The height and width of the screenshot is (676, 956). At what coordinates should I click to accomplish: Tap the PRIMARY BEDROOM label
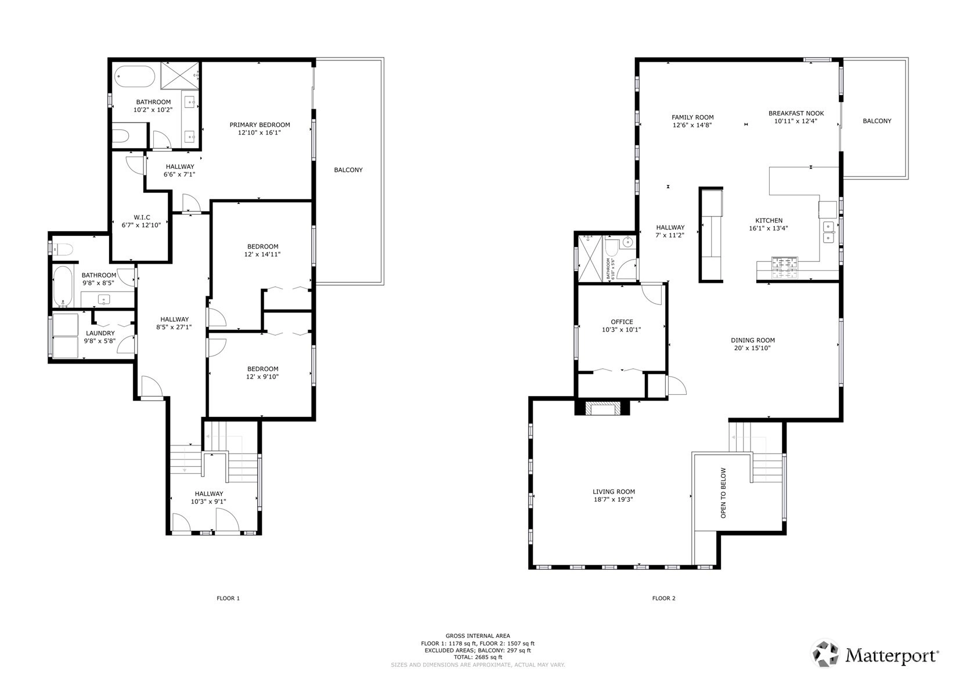click(259, 125)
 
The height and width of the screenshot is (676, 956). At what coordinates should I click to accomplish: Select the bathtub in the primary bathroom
click(135, 77)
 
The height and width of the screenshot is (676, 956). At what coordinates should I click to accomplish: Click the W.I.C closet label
click(142, 217)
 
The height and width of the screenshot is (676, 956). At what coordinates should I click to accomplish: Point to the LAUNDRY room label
click(100, 333)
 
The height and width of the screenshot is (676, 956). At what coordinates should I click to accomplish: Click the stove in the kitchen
click(784, 267)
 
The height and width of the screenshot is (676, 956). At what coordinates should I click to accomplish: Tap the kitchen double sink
click(828, 232)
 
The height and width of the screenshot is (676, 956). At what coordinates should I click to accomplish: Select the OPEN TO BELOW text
click(723, 493)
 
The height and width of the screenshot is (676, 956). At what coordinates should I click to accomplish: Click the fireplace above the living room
click(602, 408)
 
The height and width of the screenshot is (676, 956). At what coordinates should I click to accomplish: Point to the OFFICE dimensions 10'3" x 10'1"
click(622, 330)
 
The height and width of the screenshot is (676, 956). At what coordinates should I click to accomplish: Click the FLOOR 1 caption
click(228, 598)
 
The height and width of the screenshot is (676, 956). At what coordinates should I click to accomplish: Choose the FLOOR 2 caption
click(663, 598)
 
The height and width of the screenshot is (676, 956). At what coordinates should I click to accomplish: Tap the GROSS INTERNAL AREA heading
click(478, 636)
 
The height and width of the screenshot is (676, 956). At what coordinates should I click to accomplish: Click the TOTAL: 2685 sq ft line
click(478, 657)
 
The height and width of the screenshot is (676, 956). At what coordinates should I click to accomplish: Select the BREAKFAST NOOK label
click(796, 113)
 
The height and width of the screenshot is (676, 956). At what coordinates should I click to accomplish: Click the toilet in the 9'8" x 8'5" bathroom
click(62, 249)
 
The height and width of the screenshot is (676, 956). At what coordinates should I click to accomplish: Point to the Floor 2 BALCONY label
click(877, 121)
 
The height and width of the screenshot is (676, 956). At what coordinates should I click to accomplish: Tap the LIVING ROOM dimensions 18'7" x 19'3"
click(614, 499)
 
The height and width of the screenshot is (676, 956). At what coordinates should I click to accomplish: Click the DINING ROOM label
click(753, 340)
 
